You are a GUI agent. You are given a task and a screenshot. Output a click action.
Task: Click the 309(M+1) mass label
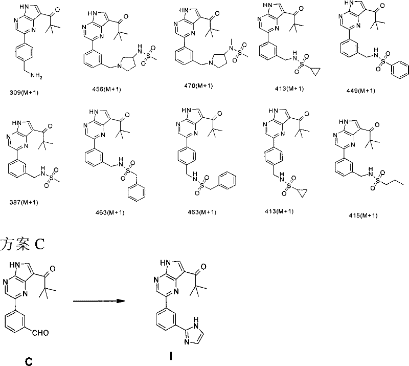(24, 93)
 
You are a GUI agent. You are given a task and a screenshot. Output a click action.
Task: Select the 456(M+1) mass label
(107, 90)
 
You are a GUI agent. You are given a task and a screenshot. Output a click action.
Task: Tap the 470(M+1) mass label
(198, 85)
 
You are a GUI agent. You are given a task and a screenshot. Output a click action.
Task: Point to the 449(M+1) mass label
(361, 91)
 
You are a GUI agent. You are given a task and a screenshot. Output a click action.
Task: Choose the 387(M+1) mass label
(24, 202)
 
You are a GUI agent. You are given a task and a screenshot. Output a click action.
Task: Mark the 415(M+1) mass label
(363, 216)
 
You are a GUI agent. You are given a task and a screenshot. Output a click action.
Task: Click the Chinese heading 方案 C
(22, 245)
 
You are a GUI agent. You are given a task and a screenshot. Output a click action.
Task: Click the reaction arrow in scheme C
(99, 301)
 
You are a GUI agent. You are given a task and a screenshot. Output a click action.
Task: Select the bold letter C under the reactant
(29, 361)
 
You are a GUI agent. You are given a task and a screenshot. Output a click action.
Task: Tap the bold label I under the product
(171, 356)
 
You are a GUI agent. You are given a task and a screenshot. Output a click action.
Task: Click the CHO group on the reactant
(40, 333)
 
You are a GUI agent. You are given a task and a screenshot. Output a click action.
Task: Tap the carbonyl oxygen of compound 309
(57, 10)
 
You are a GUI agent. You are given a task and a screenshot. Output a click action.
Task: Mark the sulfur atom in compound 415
(378, 180)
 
